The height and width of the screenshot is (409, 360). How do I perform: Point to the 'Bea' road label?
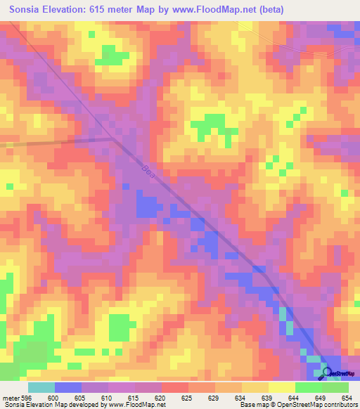point(147,171)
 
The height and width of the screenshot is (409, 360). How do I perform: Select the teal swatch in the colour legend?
point(41,387)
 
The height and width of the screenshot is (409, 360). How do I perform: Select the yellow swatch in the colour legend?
point(281,387)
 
